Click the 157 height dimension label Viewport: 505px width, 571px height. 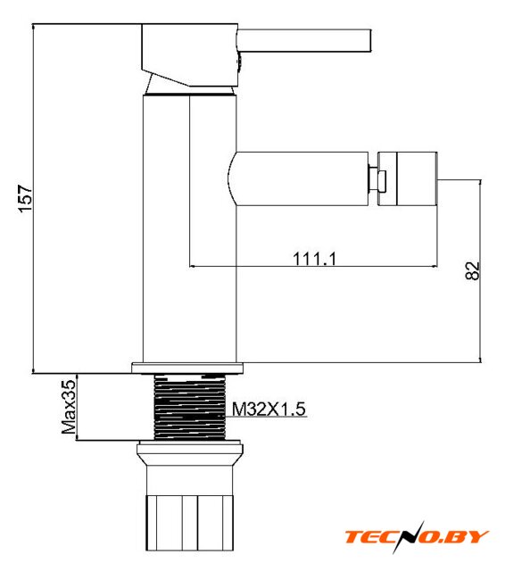click(x=26, y=198)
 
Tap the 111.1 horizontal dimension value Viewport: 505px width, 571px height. click(x=314, y=259)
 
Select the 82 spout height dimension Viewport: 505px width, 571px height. click(x=473, y=270)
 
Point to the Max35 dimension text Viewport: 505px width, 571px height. click(x=69, y=407)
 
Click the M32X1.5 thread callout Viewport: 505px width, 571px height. click(x=269, y=409)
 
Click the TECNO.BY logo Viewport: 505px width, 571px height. click(x=417, y=537)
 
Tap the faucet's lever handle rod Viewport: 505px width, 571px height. click(x=304, y=41)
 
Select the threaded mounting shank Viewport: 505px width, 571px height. click(x=190, y=407)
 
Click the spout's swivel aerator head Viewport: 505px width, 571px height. click(x=408, y=178)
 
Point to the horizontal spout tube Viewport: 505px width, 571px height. click(x=298, y=178)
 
